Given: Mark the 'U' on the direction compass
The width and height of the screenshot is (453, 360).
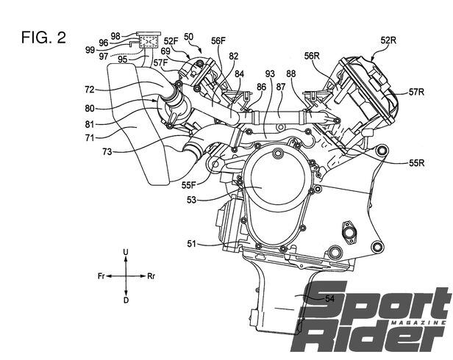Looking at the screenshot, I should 126,253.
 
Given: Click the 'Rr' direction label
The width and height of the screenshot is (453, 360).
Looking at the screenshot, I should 151,276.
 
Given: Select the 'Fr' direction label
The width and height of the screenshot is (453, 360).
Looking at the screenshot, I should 101,276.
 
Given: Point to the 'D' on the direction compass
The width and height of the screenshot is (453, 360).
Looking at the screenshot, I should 126,300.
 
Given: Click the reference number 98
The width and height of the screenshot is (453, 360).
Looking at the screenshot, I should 115,35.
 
